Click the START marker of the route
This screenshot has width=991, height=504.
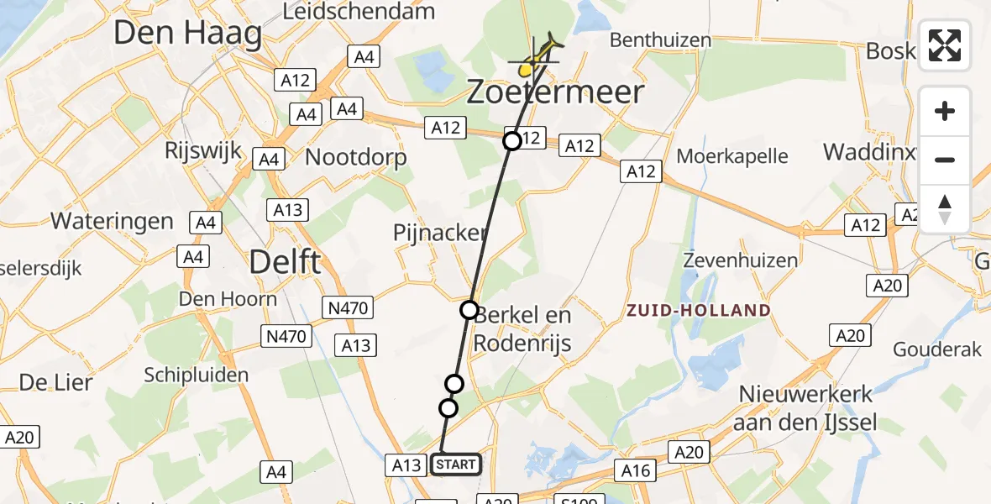click(x=457, y=465)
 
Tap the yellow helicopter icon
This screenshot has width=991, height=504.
click(x=537, y=56)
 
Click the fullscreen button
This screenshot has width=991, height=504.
click(x=945, y=45)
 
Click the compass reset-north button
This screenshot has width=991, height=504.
click(x=945, y=209)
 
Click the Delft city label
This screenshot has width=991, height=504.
click(x=285, y=262)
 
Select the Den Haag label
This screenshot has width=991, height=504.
click(x=187, y=34)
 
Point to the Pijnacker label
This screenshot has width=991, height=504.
click(x=440, y=233)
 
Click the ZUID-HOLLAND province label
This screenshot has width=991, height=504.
click(x=698, y=311)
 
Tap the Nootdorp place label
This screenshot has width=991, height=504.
click(x=356, y=157)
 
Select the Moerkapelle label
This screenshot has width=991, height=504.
click(x=732, y=156)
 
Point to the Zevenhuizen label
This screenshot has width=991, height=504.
click(x=740, y=260)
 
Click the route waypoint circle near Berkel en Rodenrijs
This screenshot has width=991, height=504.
click(x=469, y=310)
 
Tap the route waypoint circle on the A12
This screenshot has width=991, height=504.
click(x=512, y=141)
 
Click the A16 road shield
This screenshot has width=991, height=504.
click(x=636, y=470)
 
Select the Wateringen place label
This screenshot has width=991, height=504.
click(x=112, y=222)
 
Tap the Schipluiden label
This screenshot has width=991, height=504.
click(x=197, y=375)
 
